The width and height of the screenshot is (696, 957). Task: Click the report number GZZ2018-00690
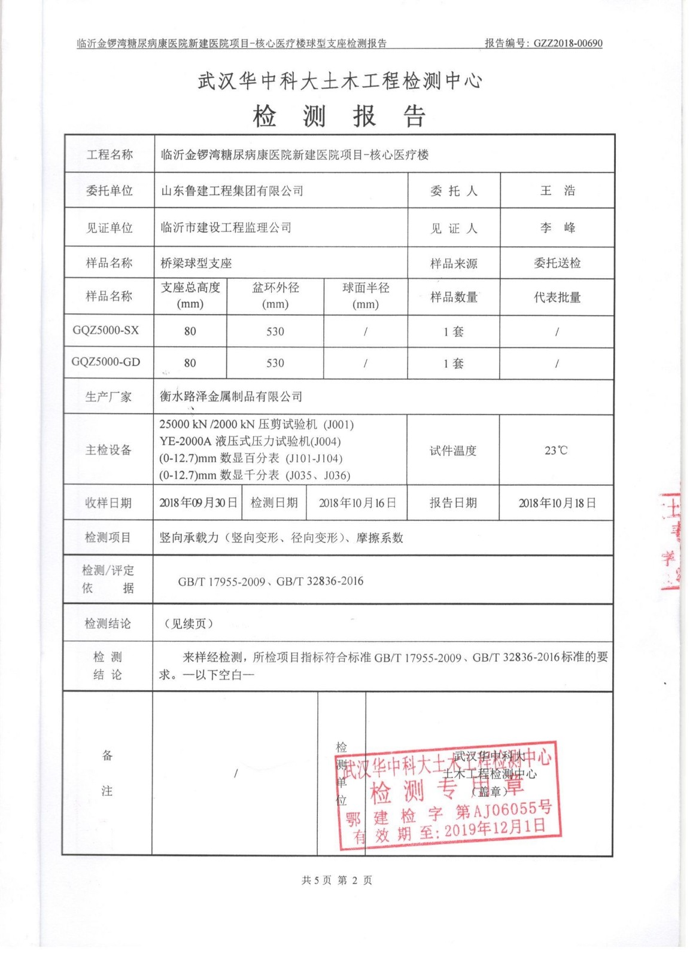pyautogui.click(x=567, y=43)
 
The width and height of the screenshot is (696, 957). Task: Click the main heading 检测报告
pyautogui.click(x=339, y=116)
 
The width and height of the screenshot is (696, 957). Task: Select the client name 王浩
pyautogui.click(x=557, y=191)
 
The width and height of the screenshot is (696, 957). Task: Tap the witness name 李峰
pyautogui.click(x=557, y=228)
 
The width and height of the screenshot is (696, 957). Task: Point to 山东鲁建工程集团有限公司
pyautogui.click(x=232, y=191)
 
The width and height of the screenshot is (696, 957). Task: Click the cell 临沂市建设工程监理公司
pyautogui.click(x=226, y=228)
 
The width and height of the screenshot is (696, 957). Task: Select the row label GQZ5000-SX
pyautogui.click(x=105, y=330)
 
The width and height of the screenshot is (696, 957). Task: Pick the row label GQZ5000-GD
pyautogui.click(x=106, y=362)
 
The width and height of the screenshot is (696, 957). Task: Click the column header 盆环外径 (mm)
pyautogui.click(x=275, y=295)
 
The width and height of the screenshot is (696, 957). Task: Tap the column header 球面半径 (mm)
pyautogui.click(x=366, y=295)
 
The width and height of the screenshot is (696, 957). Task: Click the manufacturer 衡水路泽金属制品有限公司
pyautogui.click(x=231, y=397)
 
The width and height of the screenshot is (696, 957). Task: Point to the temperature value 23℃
pyautogui.click(x=556, y=450)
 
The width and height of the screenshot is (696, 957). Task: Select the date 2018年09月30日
pyautogui.click(x=198, y=503)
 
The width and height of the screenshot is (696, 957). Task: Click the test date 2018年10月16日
pyautogui.click(x=357, y=503)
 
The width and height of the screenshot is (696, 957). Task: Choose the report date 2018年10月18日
pyautogui.click(x=557, y=503)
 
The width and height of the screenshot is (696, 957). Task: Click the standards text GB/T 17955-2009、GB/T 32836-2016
pyautogui.click(x=271, y=581)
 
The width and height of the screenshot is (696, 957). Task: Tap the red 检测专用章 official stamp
pyautogui.click(x=448, y=793)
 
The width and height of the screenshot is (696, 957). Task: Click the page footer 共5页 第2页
pyautogui.click(x=337, y=880)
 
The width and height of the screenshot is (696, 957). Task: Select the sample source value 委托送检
pyautogui.click(x=557, y=263)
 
